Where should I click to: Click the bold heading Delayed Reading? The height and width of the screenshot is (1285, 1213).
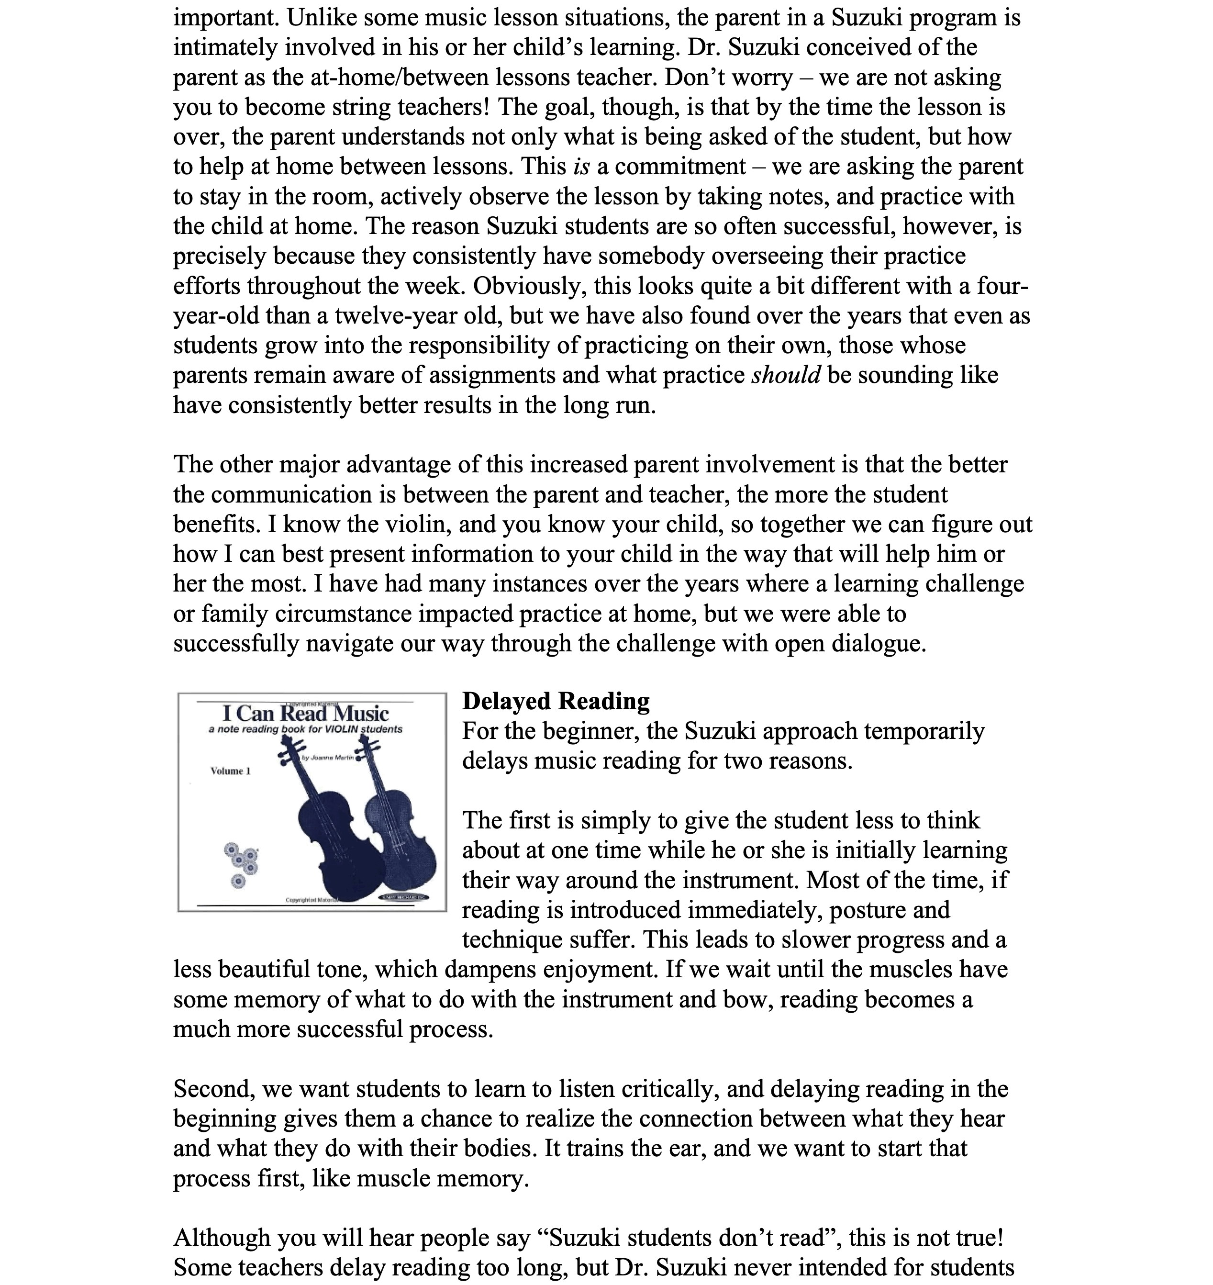coord(556,701)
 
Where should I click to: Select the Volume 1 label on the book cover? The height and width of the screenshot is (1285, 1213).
coord(230,771)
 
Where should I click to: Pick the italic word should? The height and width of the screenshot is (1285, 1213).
coord(786,375)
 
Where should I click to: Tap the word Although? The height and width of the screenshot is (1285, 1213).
coord(222,1238)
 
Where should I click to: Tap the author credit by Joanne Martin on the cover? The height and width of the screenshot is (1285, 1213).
coord(328,757)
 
